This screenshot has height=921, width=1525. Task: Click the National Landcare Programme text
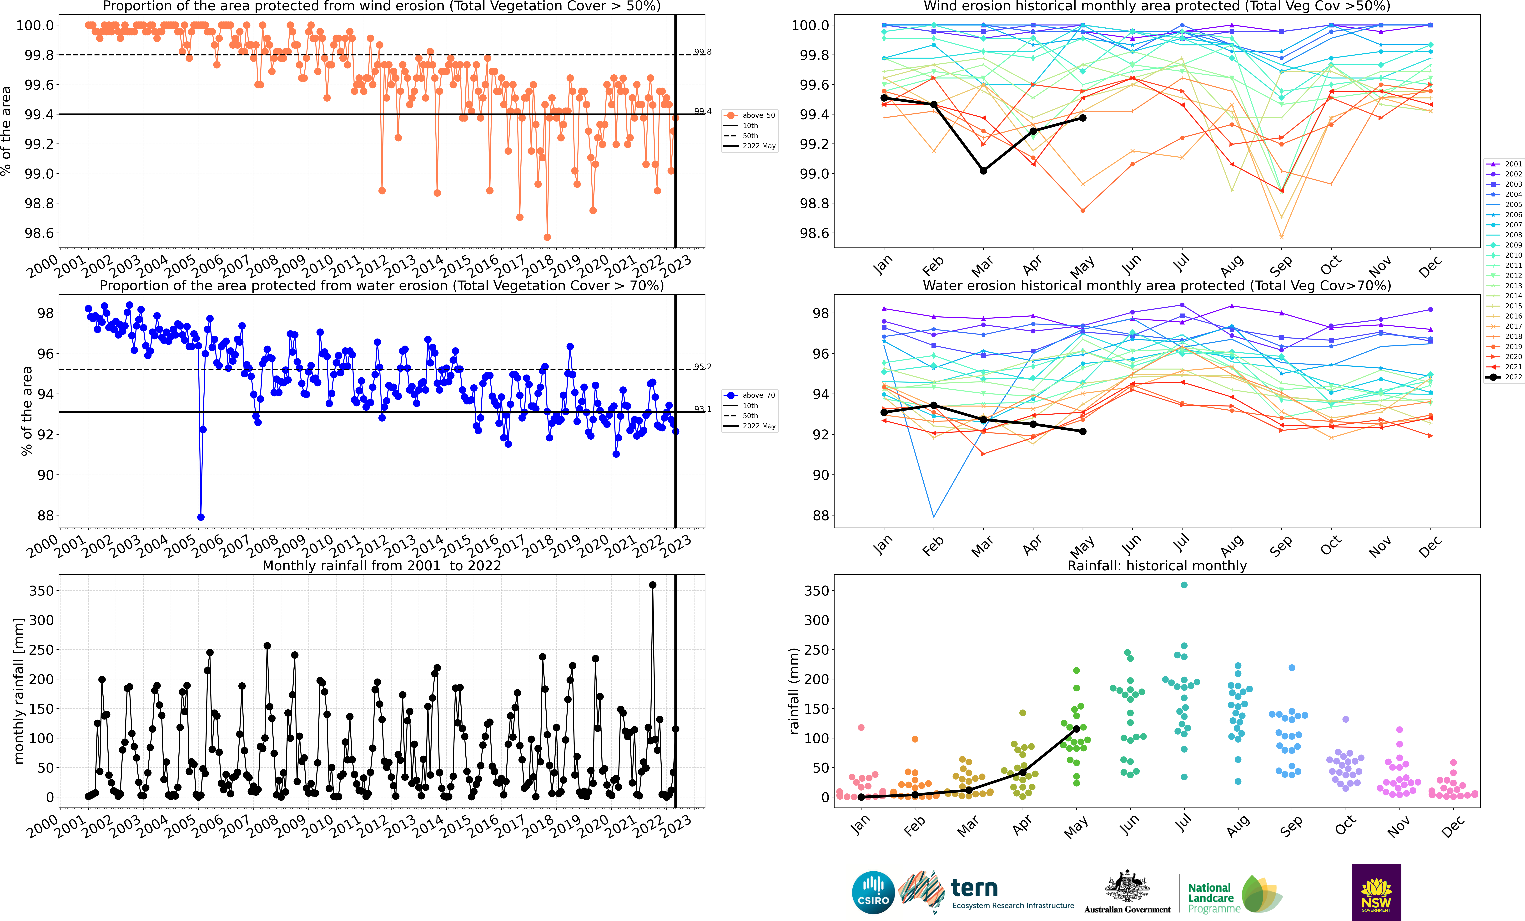coord(1213,898)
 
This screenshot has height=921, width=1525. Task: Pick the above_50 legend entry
coord(750,115)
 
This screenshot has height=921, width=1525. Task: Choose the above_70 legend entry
coord(750,395)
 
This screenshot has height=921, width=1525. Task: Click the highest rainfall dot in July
coord(1184,585)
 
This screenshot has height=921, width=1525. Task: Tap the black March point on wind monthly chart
coord(983,170)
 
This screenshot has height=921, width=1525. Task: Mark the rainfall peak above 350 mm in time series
coord(652,585)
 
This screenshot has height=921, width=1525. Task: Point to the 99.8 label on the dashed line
coord(702,52)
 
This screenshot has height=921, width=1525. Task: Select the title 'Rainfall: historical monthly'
coord(1157,566)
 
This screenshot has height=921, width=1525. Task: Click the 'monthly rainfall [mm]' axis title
coord(19,691)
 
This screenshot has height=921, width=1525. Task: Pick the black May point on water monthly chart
coord(1082,431)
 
